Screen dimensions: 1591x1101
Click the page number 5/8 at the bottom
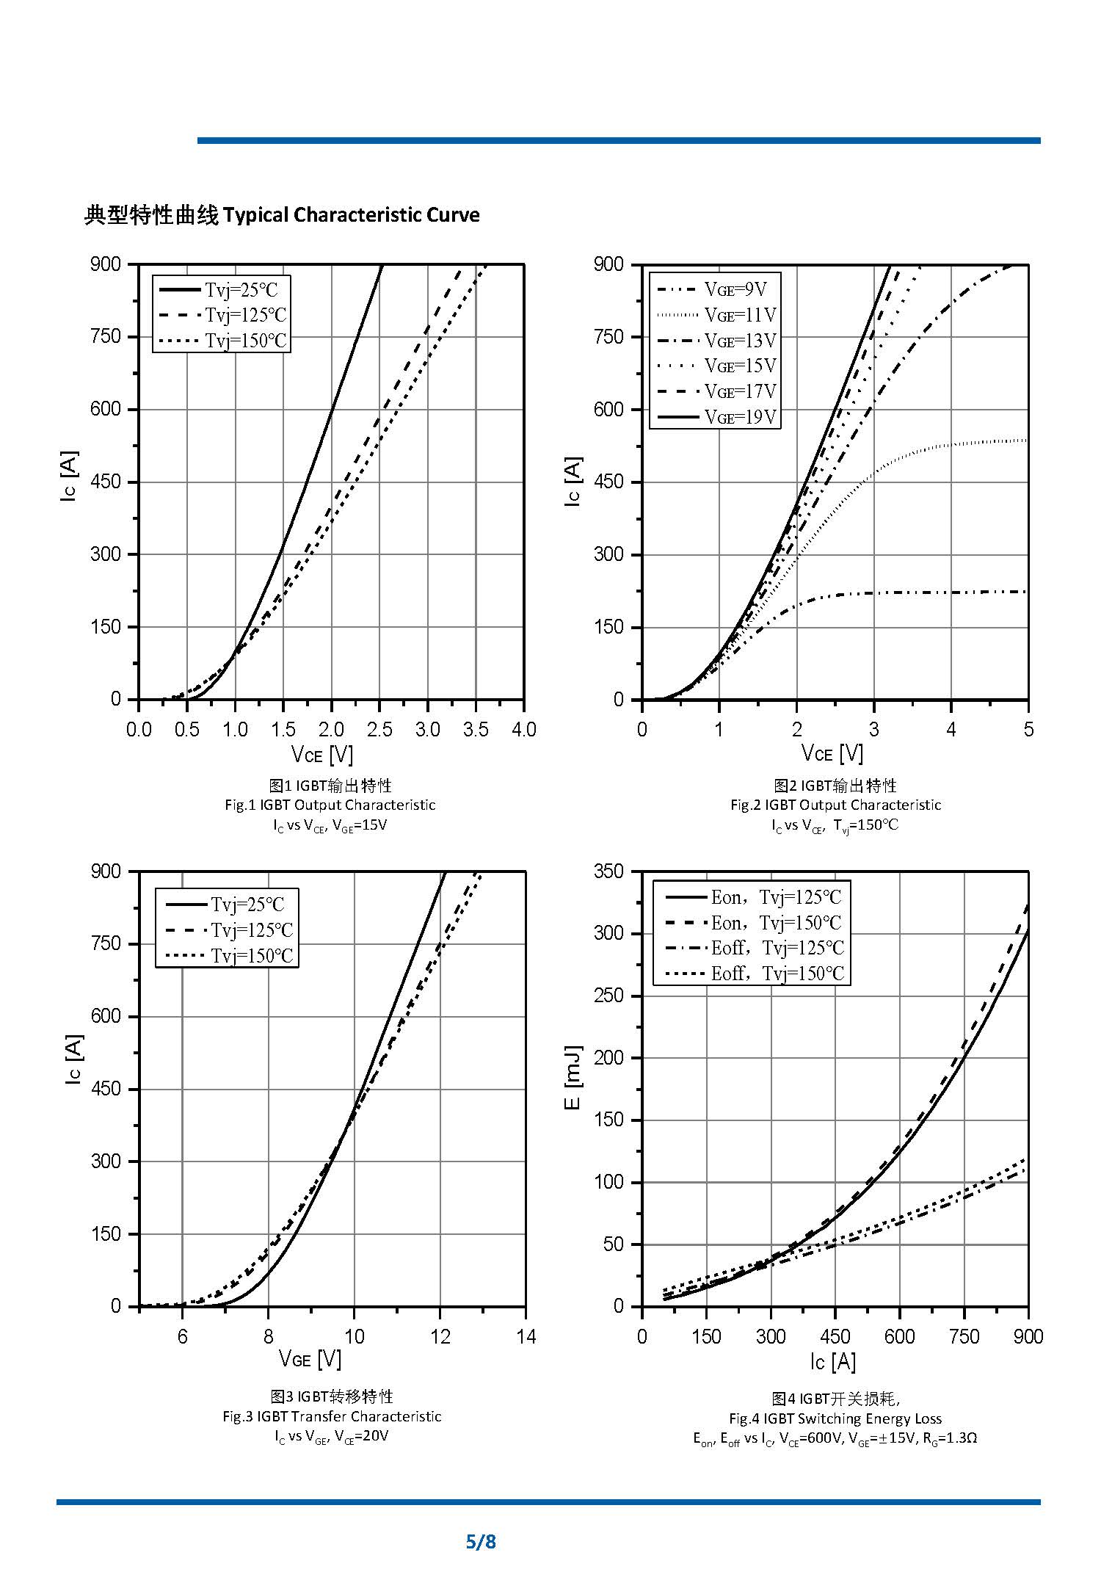coord(481,1541)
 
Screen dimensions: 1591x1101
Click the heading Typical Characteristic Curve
coord(351,215)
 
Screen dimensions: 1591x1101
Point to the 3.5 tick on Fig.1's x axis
coord(476,730)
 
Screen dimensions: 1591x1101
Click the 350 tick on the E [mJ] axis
coord(608,871)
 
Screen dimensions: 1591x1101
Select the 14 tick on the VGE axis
coord(526,1337)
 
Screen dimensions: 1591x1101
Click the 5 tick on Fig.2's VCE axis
coord(1028,730)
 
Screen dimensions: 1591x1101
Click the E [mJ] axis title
coord(574,1078)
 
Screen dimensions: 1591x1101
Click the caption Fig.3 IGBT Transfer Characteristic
coord(332,1416)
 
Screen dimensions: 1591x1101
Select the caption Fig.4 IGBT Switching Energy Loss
coord(835,1418)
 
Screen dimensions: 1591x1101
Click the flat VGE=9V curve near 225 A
coord(954,592)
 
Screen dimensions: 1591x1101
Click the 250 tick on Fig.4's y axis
coord(608,996)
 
